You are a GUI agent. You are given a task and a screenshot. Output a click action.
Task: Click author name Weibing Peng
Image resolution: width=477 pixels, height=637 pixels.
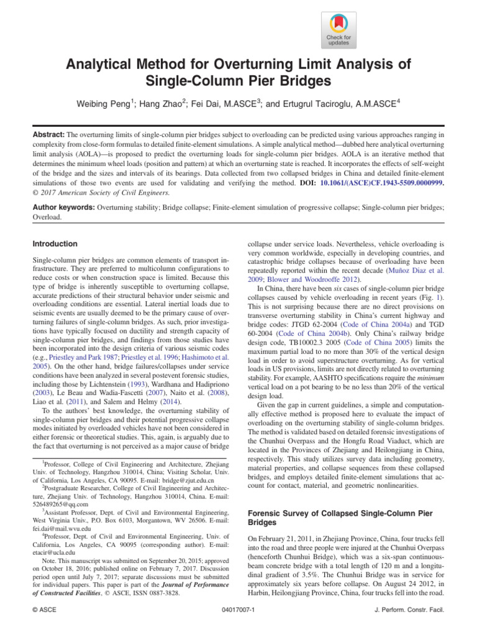coord(107,102)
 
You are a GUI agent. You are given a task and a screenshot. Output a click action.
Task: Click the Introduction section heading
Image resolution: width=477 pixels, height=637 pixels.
coord(55,244)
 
